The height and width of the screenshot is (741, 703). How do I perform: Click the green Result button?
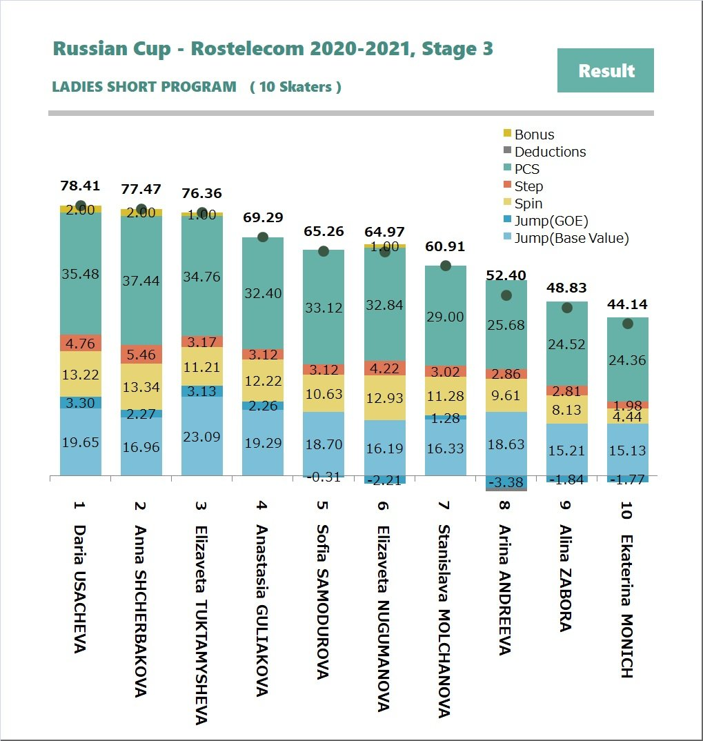coord(605,70)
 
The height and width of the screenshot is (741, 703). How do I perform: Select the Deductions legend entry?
coord(550,152)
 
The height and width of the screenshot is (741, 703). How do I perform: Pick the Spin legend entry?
coord(528,204)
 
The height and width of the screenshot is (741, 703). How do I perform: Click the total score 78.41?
coord(80,186)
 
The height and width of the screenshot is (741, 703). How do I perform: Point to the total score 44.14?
coord(627,304)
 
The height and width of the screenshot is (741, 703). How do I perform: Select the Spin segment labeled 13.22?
coord(81,374)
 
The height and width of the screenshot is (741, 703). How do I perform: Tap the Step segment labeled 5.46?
coord(141,354)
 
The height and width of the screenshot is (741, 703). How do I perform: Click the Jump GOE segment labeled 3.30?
coord(81,402)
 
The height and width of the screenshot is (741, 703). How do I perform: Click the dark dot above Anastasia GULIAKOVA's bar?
coord(263,237)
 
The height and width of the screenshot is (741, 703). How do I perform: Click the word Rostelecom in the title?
coord(246,49)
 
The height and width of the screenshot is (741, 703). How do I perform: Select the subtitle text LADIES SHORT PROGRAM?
coord(144,87)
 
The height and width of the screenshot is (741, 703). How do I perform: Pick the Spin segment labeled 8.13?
coord(566,409)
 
